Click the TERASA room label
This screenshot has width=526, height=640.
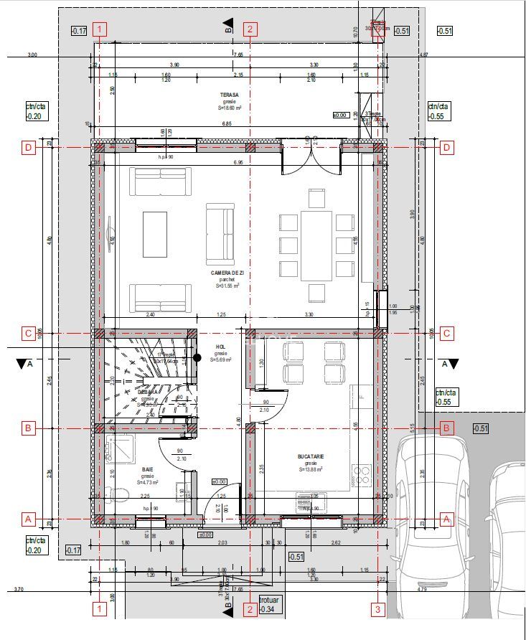pos(230,94)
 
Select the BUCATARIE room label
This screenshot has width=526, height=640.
pos(311,456)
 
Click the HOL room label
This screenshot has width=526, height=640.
pos(220,347)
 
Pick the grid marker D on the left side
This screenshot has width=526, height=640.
pos(29,148)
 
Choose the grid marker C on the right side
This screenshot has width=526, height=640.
pos(446,333)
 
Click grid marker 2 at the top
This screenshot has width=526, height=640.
pos(250,29)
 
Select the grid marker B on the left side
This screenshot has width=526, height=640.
pos(29,429)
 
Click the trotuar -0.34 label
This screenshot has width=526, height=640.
pos(268,605)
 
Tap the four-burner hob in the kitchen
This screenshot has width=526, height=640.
pos(360,474)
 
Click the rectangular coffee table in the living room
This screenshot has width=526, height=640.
pos(154,234)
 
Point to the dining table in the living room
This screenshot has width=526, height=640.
pos(316,245)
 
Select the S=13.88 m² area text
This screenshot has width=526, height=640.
pos(311,469)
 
